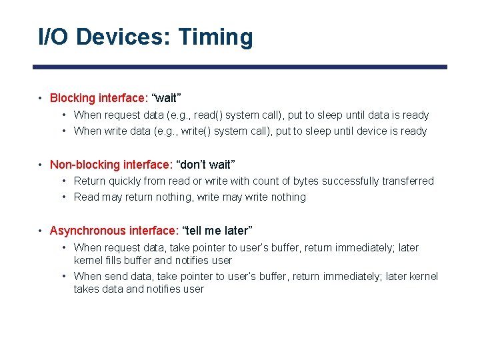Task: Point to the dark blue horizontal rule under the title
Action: [240, 67]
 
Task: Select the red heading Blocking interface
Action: [91, 98]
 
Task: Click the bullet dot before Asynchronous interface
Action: [41, 231]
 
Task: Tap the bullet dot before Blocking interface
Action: [41, 99]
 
